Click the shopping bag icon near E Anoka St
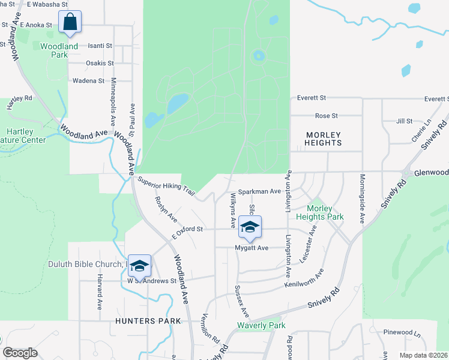coord(70,22)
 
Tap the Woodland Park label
coord(59,50)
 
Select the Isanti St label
coord(100,46)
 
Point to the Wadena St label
coord(88,80)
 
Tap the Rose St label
coord(327,115)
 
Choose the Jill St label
coord(404,121)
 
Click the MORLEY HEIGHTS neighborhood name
coord(324,139)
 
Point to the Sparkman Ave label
coord(259,191)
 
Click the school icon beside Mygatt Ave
coord(250,227)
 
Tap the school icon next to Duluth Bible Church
coord(139,265)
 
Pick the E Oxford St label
coord(188,231)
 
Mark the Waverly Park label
coord(261,326)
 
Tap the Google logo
coord(20,353)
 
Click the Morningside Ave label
coord(363,199)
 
